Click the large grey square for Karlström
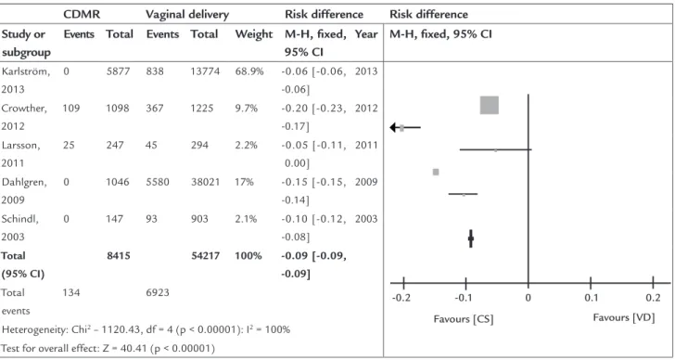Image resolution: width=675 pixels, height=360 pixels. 489,106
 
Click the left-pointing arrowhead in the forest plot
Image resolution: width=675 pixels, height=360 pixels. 393,127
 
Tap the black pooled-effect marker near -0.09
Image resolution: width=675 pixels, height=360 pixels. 470,238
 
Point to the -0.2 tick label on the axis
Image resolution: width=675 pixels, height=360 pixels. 403,299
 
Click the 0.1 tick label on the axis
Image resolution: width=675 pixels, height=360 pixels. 591,299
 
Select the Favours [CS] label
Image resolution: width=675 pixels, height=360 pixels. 464,319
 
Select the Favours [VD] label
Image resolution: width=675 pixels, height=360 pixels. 624,318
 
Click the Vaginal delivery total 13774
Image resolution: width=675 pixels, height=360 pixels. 205,71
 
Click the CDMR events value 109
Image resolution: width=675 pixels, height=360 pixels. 71,108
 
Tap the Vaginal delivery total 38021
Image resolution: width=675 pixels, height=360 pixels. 205,182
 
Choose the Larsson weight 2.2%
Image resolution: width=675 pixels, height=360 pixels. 247,145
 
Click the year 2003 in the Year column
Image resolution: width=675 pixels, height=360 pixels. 366,219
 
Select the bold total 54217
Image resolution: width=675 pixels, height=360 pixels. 205,256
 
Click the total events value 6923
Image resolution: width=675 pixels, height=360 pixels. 158,293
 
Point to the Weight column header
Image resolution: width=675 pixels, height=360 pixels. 254,34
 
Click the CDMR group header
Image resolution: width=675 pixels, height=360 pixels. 82,14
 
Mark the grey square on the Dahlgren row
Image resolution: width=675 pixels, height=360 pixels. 436,172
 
